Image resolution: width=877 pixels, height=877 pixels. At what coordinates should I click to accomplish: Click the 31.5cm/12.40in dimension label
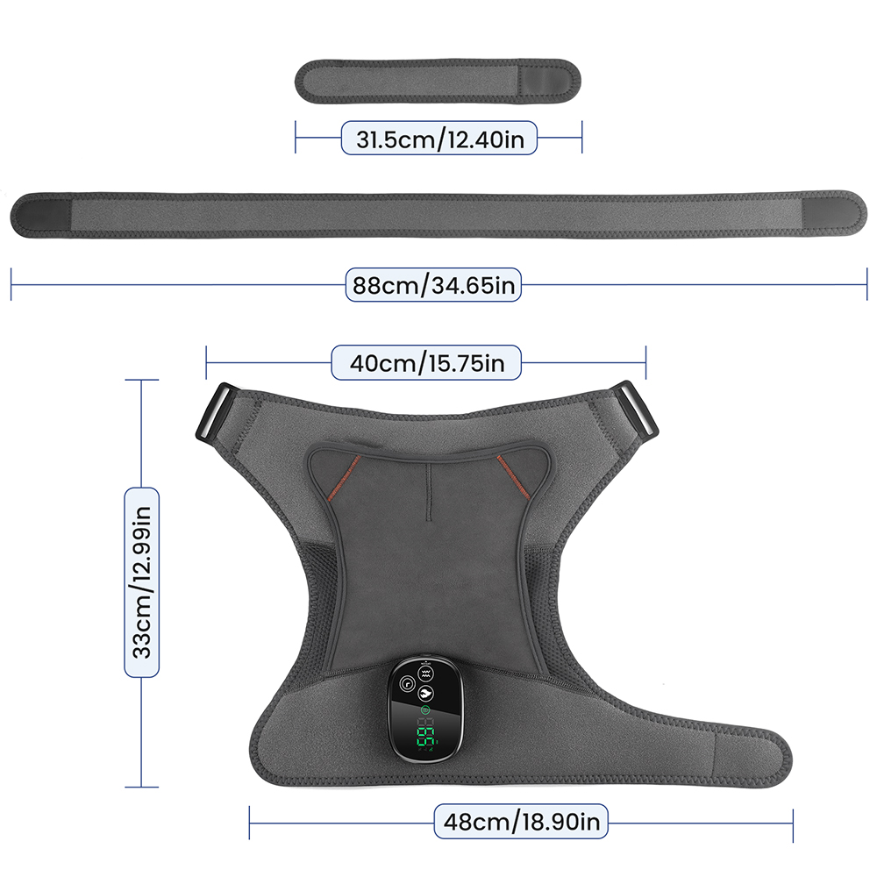tap(438, 138)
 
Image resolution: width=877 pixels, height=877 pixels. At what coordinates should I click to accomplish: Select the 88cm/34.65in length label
tap(434, 284)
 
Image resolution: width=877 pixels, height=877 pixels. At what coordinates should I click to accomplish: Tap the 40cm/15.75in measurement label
tap(426, 361)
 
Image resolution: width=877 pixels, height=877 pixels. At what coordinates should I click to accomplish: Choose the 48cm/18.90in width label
tap(521, 822)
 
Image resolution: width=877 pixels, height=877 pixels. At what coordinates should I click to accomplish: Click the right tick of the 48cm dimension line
tap(793, 822)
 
